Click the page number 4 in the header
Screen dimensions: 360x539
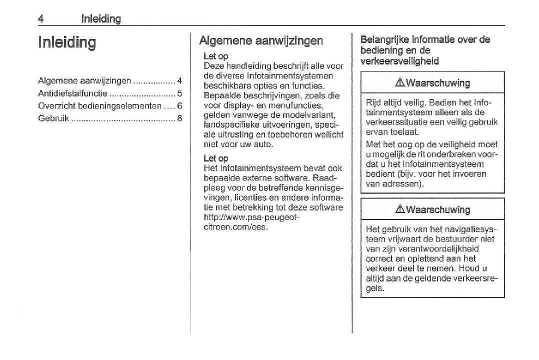point(41,19)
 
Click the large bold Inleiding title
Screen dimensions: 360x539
point(67,42)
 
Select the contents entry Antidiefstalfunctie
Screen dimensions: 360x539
point(72,93)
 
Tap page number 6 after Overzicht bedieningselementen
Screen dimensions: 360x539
point(179,106)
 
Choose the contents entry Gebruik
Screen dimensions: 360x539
point(53,118)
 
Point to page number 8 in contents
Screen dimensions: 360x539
point(179,118)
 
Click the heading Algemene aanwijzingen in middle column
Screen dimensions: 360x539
point(261,40)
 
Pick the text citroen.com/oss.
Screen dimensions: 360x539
point(235,227)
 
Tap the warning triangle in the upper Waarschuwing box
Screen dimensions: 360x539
point(400,83)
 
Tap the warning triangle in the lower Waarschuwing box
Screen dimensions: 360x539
point(400,209)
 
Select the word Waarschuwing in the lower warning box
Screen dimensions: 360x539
point(438,209)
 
